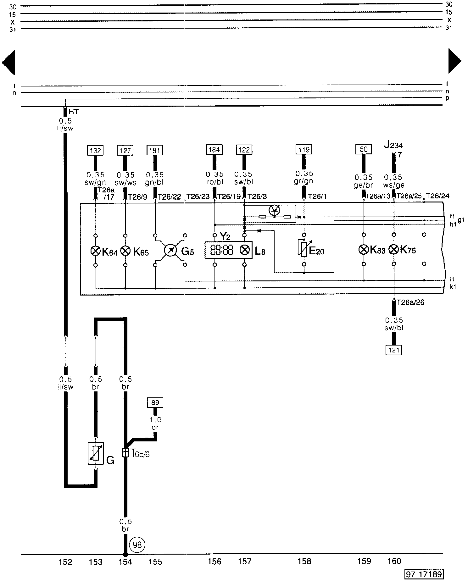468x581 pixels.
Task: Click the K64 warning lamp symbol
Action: click(x=95, y=251)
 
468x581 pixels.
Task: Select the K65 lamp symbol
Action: click(x=125, y=251)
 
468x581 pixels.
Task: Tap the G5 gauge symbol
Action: click(x=170, y=251)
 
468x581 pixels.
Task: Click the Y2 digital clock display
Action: click(x=222, y=250)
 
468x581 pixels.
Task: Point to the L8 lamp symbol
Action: click(x=244, y=250)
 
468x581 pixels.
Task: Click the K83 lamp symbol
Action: click(x=364, y=250)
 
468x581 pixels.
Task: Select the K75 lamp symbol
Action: click(x=394, y=250)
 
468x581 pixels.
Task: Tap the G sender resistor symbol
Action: click(x=96, y=453)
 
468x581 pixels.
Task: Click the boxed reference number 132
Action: click(x=96, y=151)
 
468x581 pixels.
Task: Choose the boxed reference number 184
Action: click(x=214, y=150)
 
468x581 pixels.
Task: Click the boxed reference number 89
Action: click(x=155, y=402)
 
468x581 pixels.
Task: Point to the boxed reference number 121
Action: click(x=393, y=350)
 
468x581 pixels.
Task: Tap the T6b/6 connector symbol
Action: click(x=125, y=453)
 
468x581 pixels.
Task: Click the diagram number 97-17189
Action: click(x=424, y=574)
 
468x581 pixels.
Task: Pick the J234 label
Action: click(x=393, y=145)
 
